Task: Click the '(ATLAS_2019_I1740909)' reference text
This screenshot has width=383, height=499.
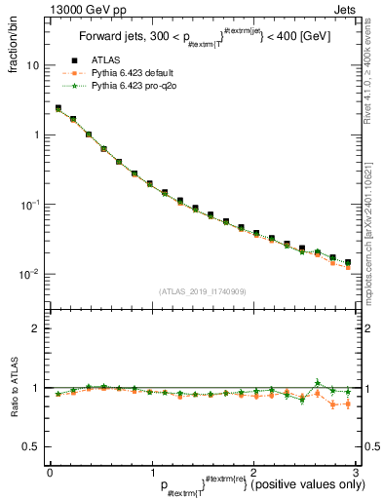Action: pos(202,291)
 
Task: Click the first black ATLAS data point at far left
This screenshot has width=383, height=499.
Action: pos(58,109)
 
